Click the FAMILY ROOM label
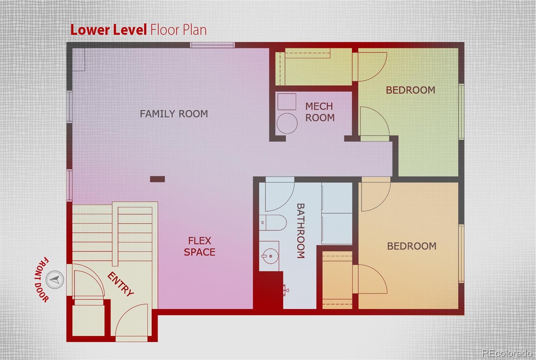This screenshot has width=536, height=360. click(x=174, y=114)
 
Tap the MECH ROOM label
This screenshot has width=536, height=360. click(x=320, y=112)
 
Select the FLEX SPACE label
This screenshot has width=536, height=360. click(x=200, y=246)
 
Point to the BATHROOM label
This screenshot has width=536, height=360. click(x=300, y=231)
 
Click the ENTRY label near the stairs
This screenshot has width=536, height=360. click(x=120, y=284)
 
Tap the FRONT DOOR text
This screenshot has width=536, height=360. click(x=42, y=279)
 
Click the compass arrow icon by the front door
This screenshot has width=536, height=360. click(x=55, y=280)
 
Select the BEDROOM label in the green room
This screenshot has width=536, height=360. click(x=411, y=90)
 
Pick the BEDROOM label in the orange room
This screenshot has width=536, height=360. click(x=412, y=246)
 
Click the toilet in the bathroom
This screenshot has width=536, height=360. click(x=273, y=222)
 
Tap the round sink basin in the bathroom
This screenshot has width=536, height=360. click(x=270, y=256)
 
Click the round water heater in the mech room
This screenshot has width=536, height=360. click(x=287, y=124)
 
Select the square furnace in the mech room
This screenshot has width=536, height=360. click(x=287, y=102)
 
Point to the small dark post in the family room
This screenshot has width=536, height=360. click(x=157, y=179)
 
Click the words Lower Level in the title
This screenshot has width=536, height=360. click(x=109, y=30)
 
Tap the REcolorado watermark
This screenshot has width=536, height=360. click(x=507, y=353)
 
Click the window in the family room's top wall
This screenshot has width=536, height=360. click(x=212, y=45)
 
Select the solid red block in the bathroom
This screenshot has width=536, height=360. click(x=268, y=290)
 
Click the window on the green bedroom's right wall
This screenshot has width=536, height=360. click(x=461, y=112)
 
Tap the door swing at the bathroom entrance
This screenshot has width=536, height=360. click(x=280, y=194)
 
